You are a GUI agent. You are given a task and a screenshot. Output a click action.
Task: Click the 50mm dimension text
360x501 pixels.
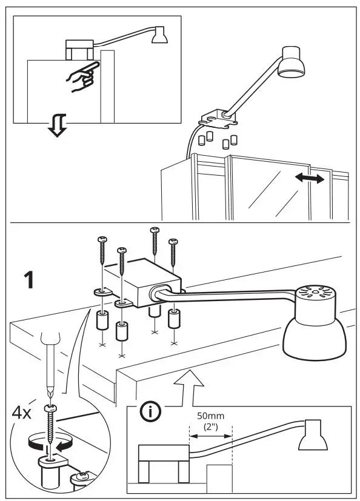point(210,417)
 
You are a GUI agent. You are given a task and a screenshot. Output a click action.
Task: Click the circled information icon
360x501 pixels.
point(148,412)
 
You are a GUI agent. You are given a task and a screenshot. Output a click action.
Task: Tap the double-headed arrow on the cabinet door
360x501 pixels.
point(308,178)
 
